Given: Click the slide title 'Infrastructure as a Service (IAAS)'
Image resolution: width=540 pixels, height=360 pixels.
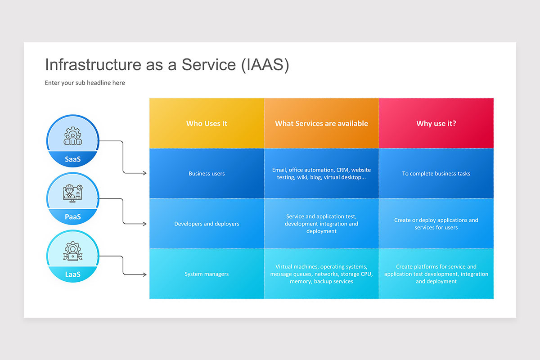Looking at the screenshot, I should point(167,65).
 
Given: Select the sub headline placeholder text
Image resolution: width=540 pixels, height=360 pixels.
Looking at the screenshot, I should point(85,83).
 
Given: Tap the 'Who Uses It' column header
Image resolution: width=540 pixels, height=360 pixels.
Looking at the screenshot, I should point(207,123).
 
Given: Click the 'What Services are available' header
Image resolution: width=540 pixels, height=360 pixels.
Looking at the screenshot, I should point(321,123).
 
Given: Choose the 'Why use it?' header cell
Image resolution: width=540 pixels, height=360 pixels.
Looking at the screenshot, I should point(436,123).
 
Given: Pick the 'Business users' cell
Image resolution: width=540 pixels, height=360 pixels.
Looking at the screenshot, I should point(207,174).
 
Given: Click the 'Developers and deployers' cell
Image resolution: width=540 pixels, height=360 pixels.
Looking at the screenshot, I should point(207,224).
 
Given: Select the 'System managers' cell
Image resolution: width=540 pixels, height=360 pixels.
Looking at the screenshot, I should point(207,274).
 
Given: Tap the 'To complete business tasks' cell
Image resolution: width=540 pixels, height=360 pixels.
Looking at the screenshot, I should point(436,174).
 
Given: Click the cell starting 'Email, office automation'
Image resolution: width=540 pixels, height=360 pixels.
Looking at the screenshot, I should point(321,174).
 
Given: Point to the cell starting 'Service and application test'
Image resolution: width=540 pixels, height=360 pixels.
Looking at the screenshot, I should point(321,224).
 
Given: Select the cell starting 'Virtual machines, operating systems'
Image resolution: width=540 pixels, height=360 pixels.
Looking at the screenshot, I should point(321,274).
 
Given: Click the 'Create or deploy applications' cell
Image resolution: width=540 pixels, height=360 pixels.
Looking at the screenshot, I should point(436,224).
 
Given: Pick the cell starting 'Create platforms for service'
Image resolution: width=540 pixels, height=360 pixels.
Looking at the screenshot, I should point(436,274).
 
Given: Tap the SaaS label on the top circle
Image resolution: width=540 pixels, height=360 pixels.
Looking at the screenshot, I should point(72,159).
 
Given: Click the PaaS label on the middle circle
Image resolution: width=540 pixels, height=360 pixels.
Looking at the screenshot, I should point(72,217).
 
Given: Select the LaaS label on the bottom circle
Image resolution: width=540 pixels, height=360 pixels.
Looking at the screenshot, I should point(72,274).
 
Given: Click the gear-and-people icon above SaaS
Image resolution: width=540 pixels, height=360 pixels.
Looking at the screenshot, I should point(72,136).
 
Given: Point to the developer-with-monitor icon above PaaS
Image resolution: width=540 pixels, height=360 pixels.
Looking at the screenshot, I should point(72,194).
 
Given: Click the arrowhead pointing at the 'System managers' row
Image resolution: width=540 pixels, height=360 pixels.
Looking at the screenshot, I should point(144,274).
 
